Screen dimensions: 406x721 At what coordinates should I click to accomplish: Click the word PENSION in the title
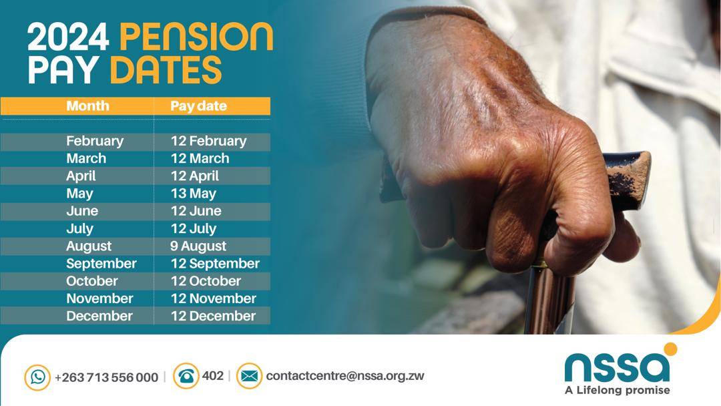[x=196, y=38]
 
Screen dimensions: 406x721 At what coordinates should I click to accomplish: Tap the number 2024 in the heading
[x=67, y=38]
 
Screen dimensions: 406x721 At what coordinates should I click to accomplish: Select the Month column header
[x=87, y=106]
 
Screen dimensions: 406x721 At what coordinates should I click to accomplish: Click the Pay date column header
[x=198, y=106]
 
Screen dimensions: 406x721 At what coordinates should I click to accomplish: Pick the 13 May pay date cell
[x=194, y=194]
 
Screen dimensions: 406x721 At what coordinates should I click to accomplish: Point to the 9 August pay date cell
[x=198, y=246]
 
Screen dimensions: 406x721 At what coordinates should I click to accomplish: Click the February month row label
[x=95, y=141]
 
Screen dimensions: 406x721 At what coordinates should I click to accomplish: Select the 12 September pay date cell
[x=215, y=264]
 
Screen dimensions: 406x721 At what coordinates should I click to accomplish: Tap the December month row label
[x=99, y=316]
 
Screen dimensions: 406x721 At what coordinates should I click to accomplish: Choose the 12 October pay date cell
[x=206, y=281]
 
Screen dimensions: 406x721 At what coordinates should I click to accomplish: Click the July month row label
[x=79, y=228]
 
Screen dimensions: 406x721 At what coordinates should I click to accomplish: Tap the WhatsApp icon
[x=37, y=377]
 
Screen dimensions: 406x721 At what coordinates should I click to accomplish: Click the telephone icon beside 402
[x=186, y=376]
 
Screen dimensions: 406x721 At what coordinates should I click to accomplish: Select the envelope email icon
[x=249, y=376]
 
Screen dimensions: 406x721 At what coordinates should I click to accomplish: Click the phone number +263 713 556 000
[x=106, y=377]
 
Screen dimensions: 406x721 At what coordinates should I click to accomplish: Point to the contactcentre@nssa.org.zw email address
[x=344, y=376]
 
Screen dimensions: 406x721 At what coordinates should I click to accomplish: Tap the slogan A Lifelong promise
[x=617, y=390]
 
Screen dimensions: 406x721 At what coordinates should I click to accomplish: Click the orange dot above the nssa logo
[x=670, y=349]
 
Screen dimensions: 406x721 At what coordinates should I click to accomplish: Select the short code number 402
[x=212, y=376]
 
